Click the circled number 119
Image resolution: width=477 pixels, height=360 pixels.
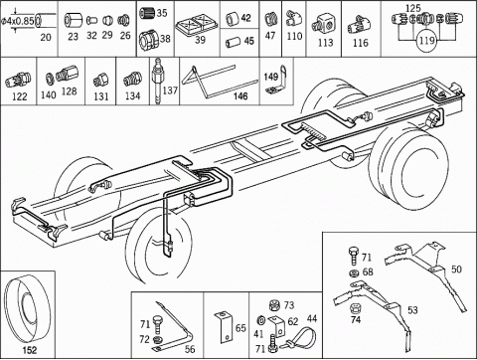(426, 41)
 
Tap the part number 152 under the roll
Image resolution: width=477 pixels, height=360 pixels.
(30, 350)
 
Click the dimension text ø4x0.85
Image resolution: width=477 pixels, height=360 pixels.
(17, 21)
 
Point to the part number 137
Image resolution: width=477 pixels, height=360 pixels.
(170, 90)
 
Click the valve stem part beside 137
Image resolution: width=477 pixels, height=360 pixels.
(156, 82)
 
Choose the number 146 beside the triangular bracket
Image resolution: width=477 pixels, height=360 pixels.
(240, 96)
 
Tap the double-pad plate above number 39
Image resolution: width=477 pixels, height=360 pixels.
(197, 25)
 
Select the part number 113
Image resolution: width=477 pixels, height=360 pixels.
(325, 43)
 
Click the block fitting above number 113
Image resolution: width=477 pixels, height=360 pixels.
(323, 24)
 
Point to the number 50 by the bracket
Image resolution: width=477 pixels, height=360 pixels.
(456, 270)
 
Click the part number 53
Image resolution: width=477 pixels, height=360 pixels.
(412, 310)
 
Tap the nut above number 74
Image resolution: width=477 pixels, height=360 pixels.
(355, 308)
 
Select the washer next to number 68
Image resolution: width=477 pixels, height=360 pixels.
(355, 273)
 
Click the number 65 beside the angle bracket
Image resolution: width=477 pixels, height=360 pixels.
(240, 328)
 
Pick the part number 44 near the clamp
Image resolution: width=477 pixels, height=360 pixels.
(312, 318)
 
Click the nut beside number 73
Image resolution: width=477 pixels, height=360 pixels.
(274, 304)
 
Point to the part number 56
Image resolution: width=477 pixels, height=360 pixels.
(190, 349)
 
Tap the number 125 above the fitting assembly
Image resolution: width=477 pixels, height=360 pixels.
(413, 8)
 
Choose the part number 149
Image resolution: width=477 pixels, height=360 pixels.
(271, 77)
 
